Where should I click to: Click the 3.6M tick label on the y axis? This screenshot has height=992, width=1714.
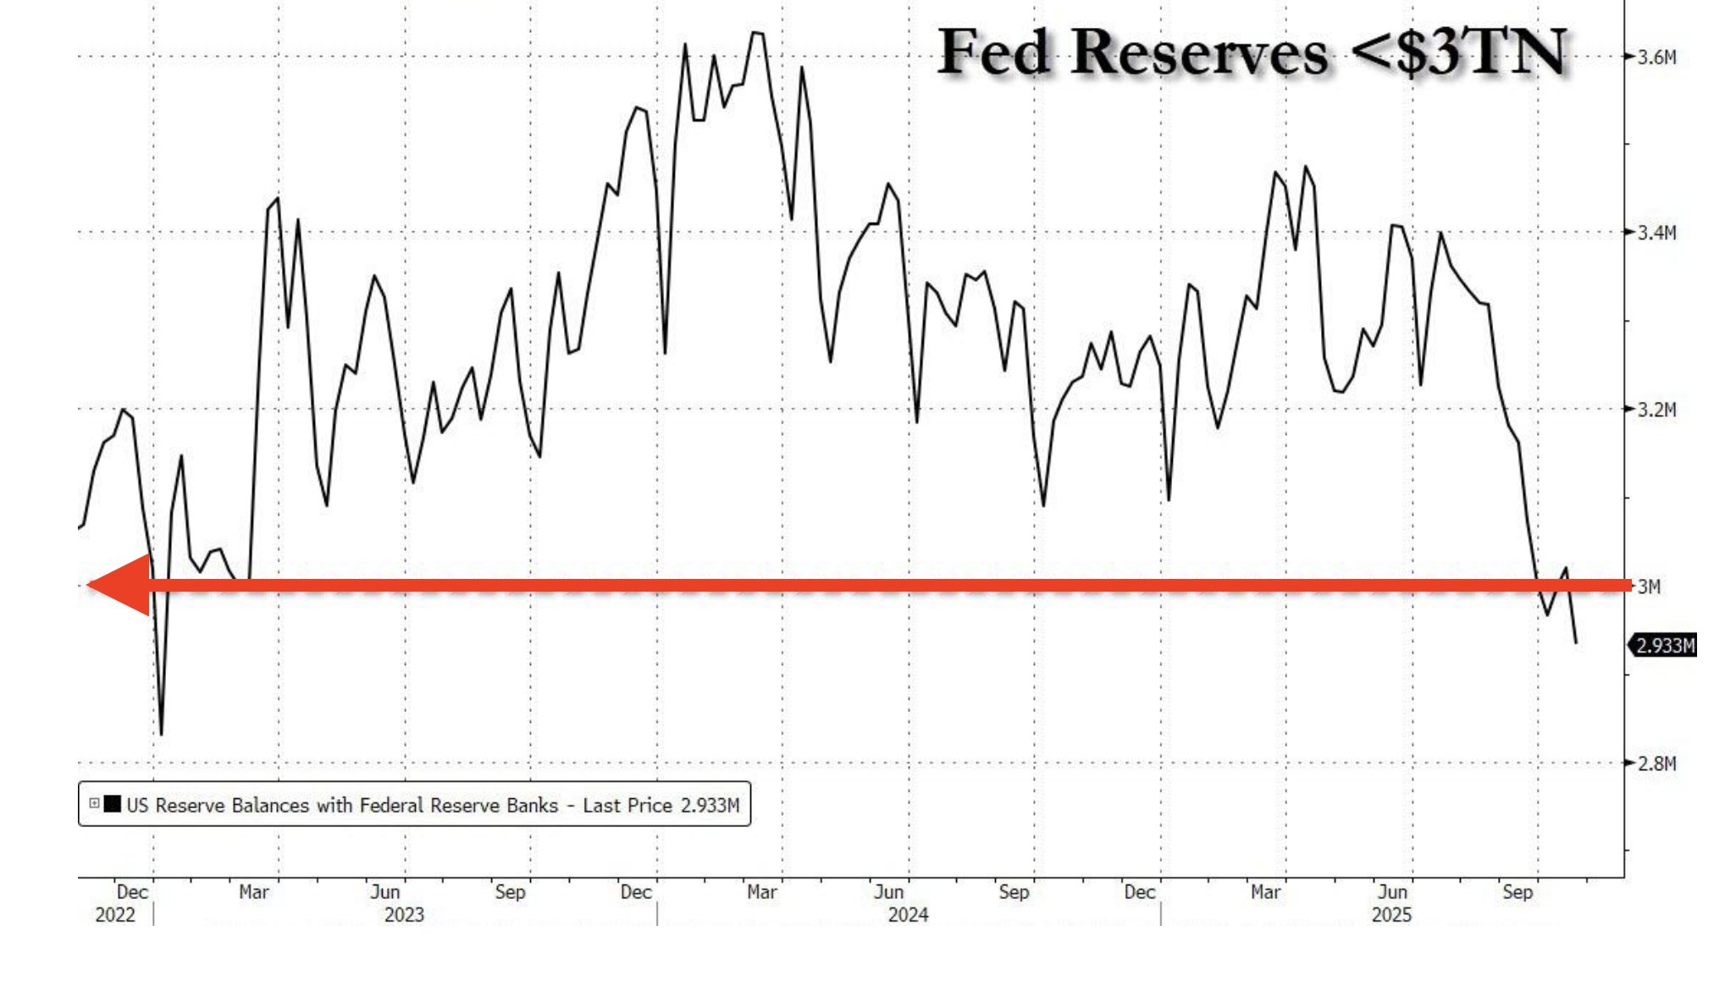click(1656, 58)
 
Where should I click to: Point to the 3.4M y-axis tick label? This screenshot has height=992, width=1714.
click(1656, 233)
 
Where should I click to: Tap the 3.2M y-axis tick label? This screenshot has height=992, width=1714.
click(1656, 410)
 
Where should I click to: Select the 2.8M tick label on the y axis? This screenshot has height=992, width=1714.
click(1656, 763)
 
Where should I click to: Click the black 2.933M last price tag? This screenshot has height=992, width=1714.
click(1665, 646)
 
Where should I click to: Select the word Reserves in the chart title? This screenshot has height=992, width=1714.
click(1199, 52)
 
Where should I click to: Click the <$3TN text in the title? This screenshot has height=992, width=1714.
click(1458, 52)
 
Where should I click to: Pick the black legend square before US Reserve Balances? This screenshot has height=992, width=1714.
click(112, 803)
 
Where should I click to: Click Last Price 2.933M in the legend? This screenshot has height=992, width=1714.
click(661, 805)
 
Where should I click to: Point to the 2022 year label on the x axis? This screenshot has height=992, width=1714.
click(115, 915)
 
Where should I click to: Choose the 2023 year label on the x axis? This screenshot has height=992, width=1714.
click(404, 915)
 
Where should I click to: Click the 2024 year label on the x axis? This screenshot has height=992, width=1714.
click(908, 915)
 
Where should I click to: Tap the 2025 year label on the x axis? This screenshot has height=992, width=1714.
click(1391, 915)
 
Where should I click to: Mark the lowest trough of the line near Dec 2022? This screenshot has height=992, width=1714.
click(161, 733)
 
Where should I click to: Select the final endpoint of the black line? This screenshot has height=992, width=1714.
click(1576, 642)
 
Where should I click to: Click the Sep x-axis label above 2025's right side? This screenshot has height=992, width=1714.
click(1517, 892)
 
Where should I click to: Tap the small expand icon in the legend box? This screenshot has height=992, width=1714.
click(94, 803)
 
